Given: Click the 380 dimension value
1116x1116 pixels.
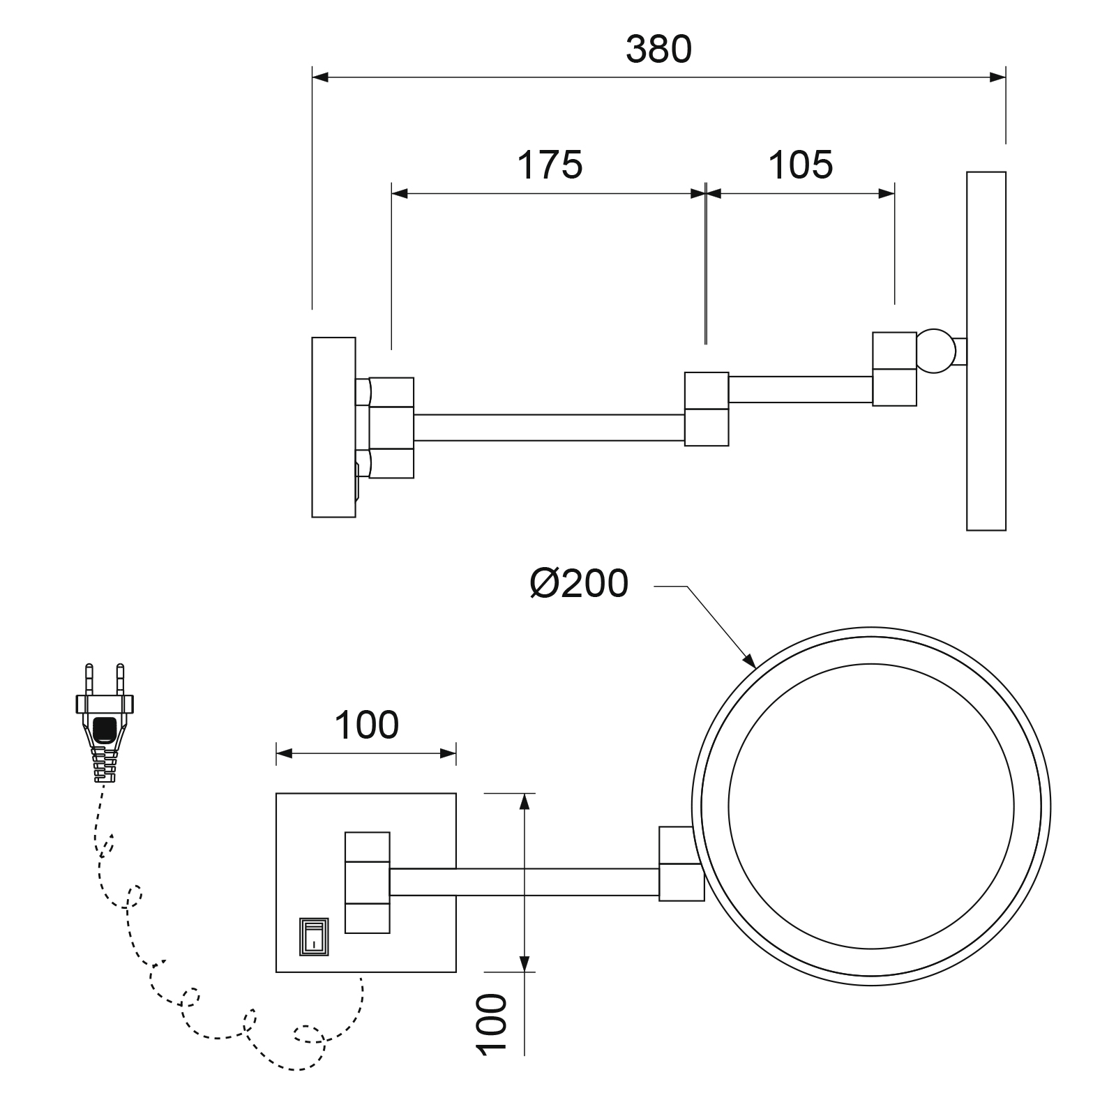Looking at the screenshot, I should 658,49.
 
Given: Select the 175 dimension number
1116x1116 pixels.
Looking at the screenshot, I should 550,165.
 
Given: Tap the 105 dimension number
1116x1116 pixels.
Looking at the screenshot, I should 800,165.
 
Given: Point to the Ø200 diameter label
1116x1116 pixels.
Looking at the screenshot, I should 579,583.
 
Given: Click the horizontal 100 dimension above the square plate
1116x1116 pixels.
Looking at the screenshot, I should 367,725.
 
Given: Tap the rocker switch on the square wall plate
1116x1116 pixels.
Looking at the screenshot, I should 314,936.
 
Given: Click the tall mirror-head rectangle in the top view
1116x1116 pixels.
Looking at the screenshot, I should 986,351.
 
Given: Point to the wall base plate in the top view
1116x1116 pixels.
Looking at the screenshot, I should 333,427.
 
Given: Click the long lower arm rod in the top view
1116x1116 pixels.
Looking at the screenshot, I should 549,428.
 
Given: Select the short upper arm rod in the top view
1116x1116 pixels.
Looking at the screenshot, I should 800,389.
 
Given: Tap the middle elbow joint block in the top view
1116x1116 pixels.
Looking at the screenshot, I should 707,409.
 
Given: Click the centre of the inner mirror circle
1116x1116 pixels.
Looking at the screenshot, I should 870,806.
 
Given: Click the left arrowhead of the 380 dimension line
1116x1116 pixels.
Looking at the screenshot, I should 320,76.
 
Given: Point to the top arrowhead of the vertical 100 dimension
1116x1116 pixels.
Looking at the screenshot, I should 524,801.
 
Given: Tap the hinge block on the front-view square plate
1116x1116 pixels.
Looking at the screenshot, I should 367,882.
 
